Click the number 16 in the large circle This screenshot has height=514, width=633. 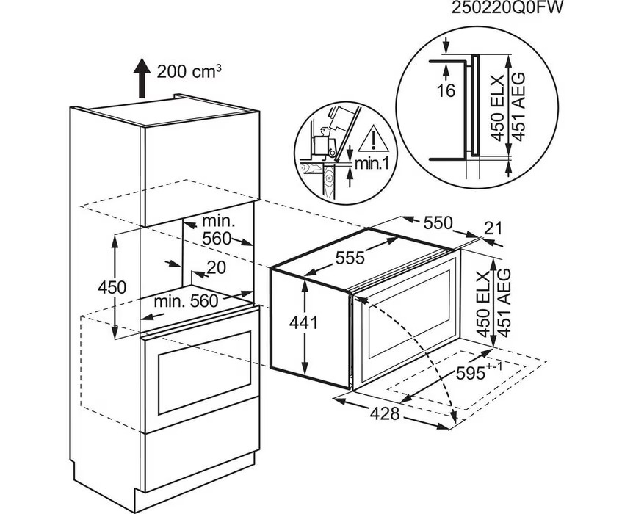(445, 91)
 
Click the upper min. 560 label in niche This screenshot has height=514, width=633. (217, 228)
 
